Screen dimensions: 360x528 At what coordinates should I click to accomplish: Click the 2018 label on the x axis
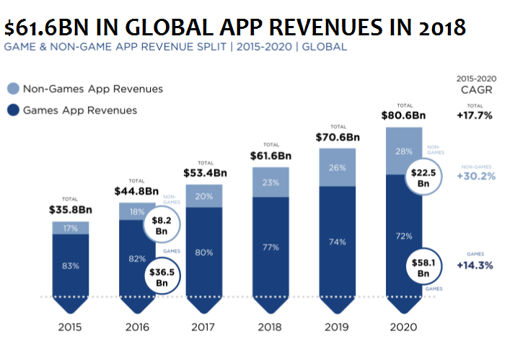[270, 327]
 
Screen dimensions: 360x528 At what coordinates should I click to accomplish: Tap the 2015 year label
[70, 327]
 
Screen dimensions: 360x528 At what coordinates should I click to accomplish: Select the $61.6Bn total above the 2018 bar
[270, 155]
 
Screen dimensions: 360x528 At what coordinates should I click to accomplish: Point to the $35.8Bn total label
[70, 211]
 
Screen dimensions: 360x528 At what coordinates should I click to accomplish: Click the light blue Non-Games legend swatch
[13, 89]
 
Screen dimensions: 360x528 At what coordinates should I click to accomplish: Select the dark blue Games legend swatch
[13, 110]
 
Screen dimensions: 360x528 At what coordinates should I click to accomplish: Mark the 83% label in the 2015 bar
[70, 265]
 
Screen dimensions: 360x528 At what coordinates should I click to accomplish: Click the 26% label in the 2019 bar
[337, 168]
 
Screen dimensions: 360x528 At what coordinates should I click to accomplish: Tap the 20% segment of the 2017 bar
[204, 196]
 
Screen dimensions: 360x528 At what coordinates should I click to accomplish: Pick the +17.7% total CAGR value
[474, 114]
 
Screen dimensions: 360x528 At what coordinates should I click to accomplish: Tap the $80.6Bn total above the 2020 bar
[404, 115]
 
